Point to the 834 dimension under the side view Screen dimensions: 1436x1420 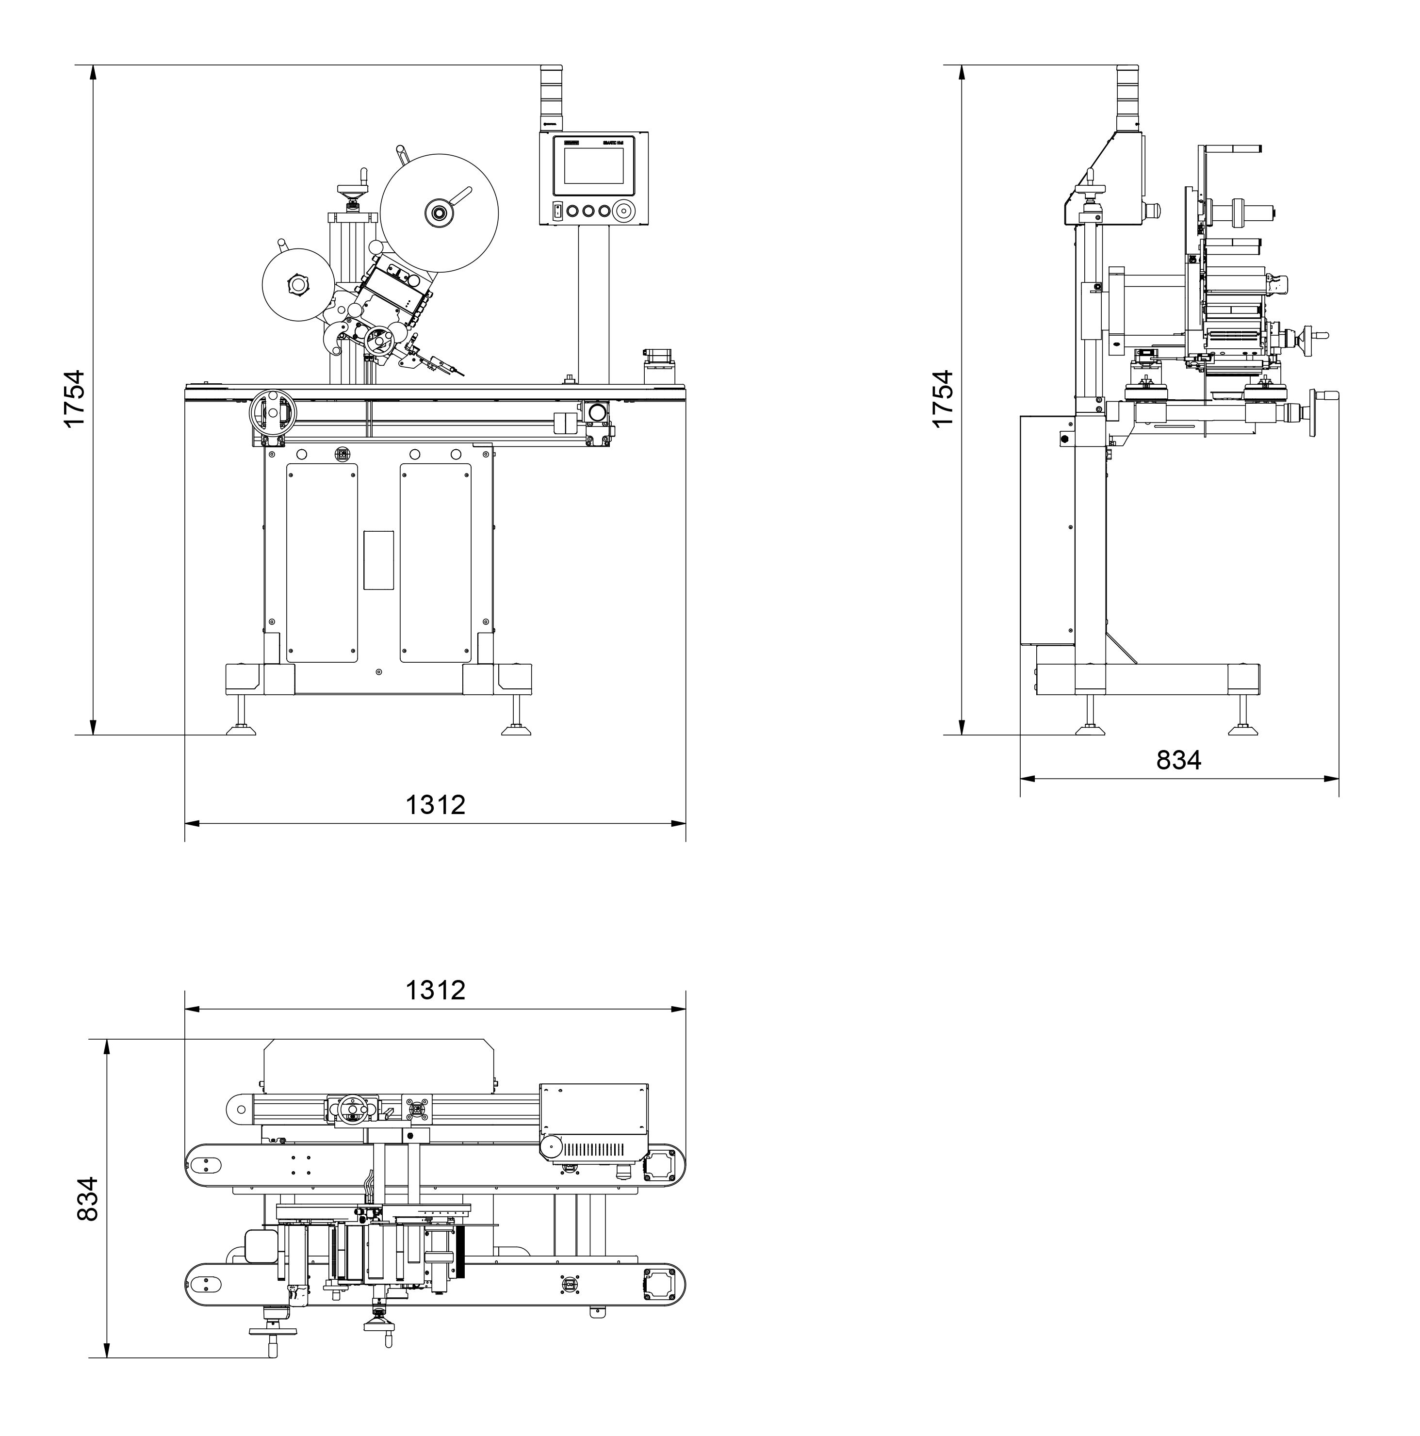(1178, 760)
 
